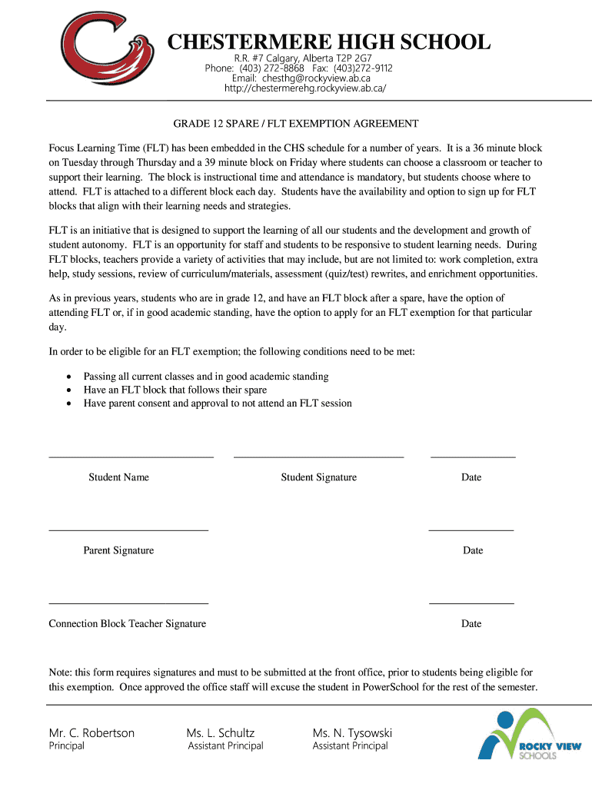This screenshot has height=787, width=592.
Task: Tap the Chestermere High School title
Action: coord(329,42)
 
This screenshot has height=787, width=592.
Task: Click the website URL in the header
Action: coord(305,88)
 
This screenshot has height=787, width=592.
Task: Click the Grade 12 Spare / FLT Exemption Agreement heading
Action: coord(295,123)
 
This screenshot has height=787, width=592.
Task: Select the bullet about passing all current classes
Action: coord(206,377)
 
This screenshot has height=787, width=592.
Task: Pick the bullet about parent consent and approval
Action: coord(218,403)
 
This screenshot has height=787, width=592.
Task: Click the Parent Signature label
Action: coord(118,550)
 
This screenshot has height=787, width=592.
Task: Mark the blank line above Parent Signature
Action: coord(128,530)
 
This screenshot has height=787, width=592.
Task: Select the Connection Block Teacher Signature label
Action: coord(128,623)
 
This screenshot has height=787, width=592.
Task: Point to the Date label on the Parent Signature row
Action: coord(472,550)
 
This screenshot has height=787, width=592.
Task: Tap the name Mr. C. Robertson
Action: coord(91,732)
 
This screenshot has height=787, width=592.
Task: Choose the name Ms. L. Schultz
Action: coord(221,732)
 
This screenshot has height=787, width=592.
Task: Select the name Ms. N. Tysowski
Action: coord(352,732)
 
